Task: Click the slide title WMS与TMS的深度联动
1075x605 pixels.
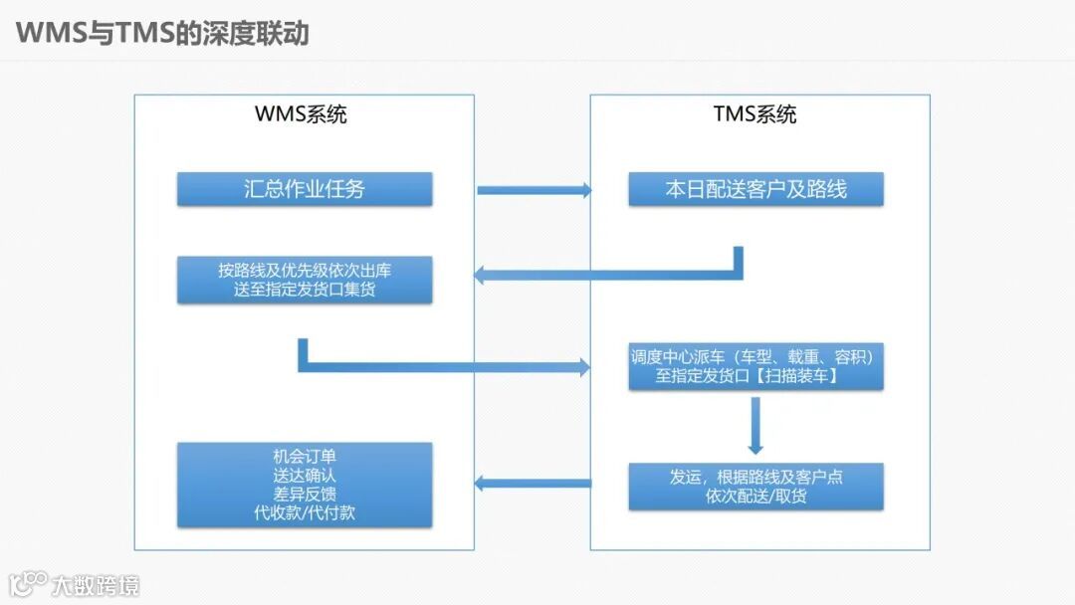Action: click(x=163, y=33)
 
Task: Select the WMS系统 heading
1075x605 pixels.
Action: click(x=301, y=113)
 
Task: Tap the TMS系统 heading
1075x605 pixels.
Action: click(x=754, y=113)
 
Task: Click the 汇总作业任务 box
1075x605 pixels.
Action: click(x=305, y=189)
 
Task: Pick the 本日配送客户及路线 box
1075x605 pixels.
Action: click(x=755, y=189)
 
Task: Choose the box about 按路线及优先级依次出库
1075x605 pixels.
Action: click(x=305, y=280)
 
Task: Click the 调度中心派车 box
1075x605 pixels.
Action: click(x=755, y=366)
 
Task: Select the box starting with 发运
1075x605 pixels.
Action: click(x=755, y=486)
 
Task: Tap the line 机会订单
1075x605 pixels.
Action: click(x=305, y=456)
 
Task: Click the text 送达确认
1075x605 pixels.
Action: click(x=305, y=475)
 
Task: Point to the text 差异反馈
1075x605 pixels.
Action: click(x=305, y=494)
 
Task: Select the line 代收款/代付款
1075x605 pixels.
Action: click(x=305, y=512)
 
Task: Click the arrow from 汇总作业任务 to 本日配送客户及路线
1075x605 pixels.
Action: click(x=534, y=189)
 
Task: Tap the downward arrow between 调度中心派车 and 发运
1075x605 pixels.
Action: click(x=755, y=426)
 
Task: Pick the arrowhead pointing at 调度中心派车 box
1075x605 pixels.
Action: click(x=583, y=368)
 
